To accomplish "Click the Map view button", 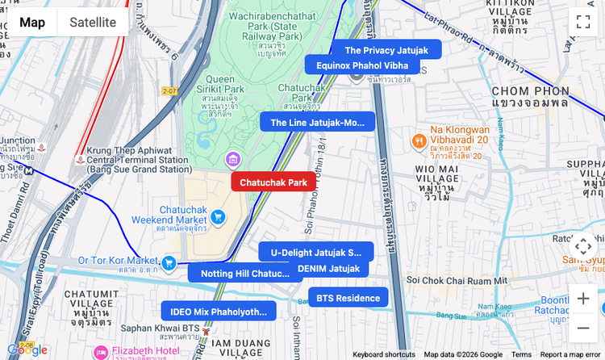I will pos(32,23).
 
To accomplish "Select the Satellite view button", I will pos(93,23).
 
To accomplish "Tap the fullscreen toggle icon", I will pos(582,22).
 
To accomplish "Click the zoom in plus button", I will pos(582,299).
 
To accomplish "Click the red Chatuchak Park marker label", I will pos(273,182).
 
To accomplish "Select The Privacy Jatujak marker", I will pos(386,50).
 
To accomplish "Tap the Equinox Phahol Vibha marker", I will pos(362,65).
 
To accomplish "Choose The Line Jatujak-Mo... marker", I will pos(317,123).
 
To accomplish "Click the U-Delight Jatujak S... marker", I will pos(316,252).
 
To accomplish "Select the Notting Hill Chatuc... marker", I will pos(245,274).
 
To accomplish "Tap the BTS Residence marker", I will pos(348,298).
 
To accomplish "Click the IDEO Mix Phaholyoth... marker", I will pos(219,312).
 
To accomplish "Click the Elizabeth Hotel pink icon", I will pos(101,352).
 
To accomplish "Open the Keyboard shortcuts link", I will pos(384,354).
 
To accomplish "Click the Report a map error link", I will pos(570,354).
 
